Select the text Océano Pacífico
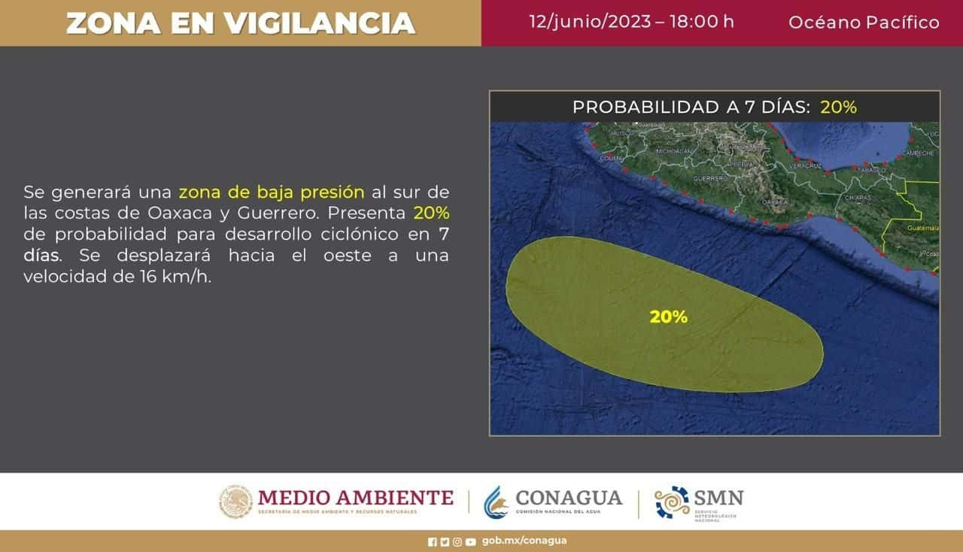(864, 23)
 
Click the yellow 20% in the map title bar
(838, 107)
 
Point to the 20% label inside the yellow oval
(668, 317)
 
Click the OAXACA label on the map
(774, 202)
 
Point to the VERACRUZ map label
(804, 165)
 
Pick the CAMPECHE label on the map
(919, 153)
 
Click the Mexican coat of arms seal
(235, 502)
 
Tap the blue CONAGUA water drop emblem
(495, 502)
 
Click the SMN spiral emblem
(672, 502)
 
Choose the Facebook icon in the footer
(432, 541)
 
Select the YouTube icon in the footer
(470, 541)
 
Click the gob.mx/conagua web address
(524, 541)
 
